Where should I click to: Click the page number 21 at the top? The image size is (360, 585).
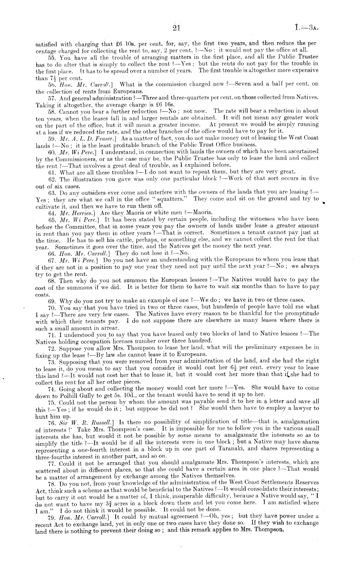point(176,28)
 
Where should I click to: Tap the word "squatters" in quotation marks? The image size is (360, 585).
point(170,199)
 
